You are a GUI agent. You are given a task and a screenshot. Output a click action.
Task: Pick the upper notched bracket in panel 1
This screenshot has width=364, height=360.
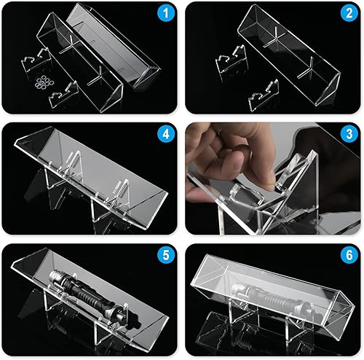tap(35, 55)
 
